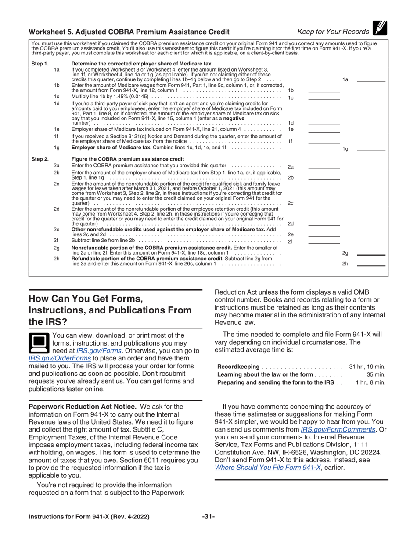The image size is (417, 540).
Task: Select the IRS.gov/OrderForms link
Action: [x=60, y=358]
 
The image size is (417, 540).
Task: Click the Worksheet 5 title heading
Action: [x=129, y=32]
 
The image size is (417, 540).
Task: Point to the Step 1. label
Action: [x=40, y=64]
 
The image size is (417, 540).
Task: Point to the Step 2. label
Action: [x=40, y=159]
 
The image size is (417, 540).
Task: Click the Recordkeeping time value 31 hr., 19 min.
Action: [x=367, y=367]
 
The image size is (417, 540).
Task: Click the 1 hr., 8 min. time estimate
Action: [x=370, y=382]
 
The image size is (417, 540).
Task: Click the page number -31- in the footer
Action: [x=208, y=517]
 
